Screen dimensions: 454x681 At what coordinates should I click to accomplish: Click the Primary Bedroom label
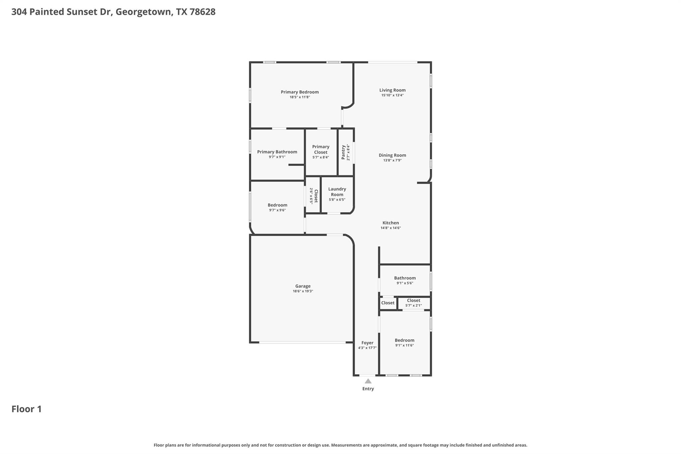(300, 92)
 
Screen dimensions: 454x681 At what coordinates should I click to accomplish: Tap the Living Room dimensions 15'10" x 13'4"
(392, 95)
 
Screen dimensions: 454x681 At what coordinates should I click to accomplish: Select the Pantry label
(343, 152)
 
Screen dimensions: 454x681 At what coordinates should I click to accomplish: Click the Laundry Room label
(337, 192)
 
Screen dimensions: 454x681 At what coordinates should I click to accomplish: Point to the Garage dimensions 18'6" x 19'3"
(303, 291)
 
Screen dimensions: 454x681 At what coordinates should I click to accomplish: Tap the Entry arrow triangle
(368, 381)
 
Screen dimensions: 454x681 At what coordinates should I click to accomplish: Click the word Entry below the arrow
(368, 389)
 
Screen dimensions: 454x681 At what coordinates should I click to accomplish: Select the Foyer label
(367, 343)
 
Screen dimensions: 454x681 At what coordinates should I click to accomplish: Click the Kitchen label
(390, 223)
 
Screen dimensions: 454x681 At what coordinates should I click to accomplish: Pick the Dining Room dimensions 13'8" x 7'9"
(392, 160)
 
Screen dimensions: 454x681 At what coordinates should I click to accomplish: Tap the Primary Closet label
(321, 149)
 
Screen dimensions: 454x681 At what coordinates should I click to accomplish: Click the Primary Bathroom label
(277, 152)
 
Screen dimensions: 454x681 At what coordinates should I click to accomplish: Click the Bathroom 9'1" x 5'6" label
(405, 278)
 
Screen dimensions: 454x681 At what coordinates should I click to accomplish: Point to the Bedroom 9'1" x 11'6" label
(404, 340)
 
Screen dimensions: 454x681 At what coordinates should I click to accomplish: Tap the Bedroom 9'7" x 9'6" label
(277, 205)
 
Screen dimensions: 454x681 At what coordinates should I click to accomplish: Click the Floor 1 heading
(27, 409)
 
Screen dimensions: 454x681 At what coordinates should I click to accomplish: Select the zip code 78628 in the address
(202, 12)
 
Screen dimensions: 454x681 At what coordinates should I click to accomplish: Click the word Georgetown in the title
(144, 12)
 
